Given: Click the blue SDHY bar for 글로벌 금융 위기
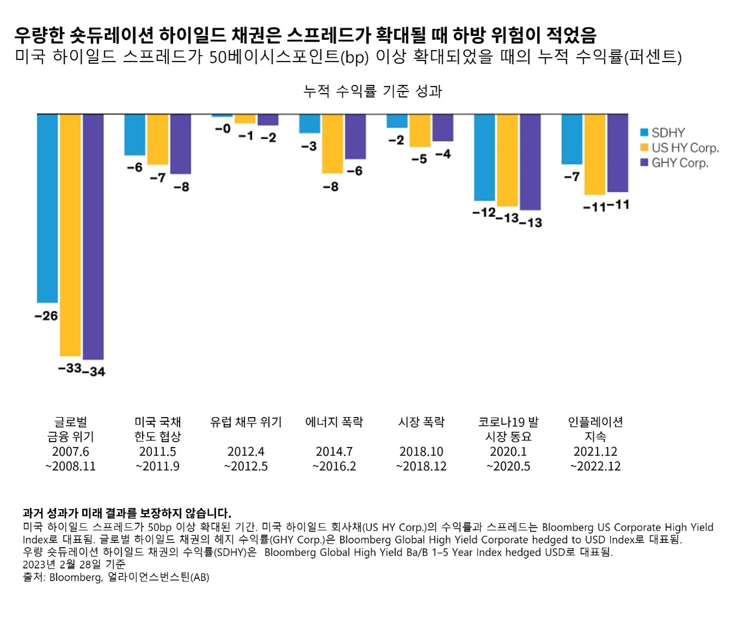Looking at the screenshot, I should coord(47,208).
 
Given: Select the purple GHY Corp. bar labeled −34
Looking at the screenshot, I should coord(93,237).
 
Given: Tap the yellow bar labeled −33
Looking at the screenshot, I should coord(70,235).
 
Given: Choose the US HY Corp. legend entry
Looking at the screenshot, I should coord(679,148).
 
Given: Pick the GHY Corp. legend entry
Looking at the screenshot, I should coord(674,163).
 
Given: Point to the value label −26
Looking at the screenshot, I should coord(46,316).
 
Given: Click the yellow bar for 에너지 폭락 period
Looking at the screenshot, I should coord(332,144).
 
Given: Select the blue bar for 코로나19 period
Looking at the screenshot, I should coord(484,157).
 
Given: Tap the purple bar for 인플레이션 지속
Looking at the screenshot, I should coord(618,153).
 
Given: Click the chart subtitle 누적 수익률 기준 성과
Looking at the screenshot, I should coord(373,91).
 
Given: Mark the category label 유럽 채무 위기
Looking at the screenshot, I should coord(246,422).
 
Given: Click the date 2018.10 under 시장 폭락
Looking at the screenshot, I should coord(421,451).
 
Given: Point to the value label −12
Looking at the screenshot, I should coord(483,212).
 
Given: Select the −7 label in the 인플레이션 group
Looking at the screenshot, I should coord(572,176).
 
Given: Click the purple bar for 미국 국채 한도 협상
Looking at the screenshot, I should coord(180,144).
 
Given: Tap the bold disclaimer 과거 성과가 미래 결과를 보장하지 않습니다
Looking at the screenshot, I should coord(127,513).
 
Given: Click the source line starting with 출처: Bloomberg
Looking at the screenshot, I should coord(116,577).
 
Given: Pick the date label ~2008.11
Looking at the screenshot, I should coord(70,466).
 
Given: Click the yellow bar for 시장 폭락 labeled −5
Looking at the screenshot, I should coord(420,131).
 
